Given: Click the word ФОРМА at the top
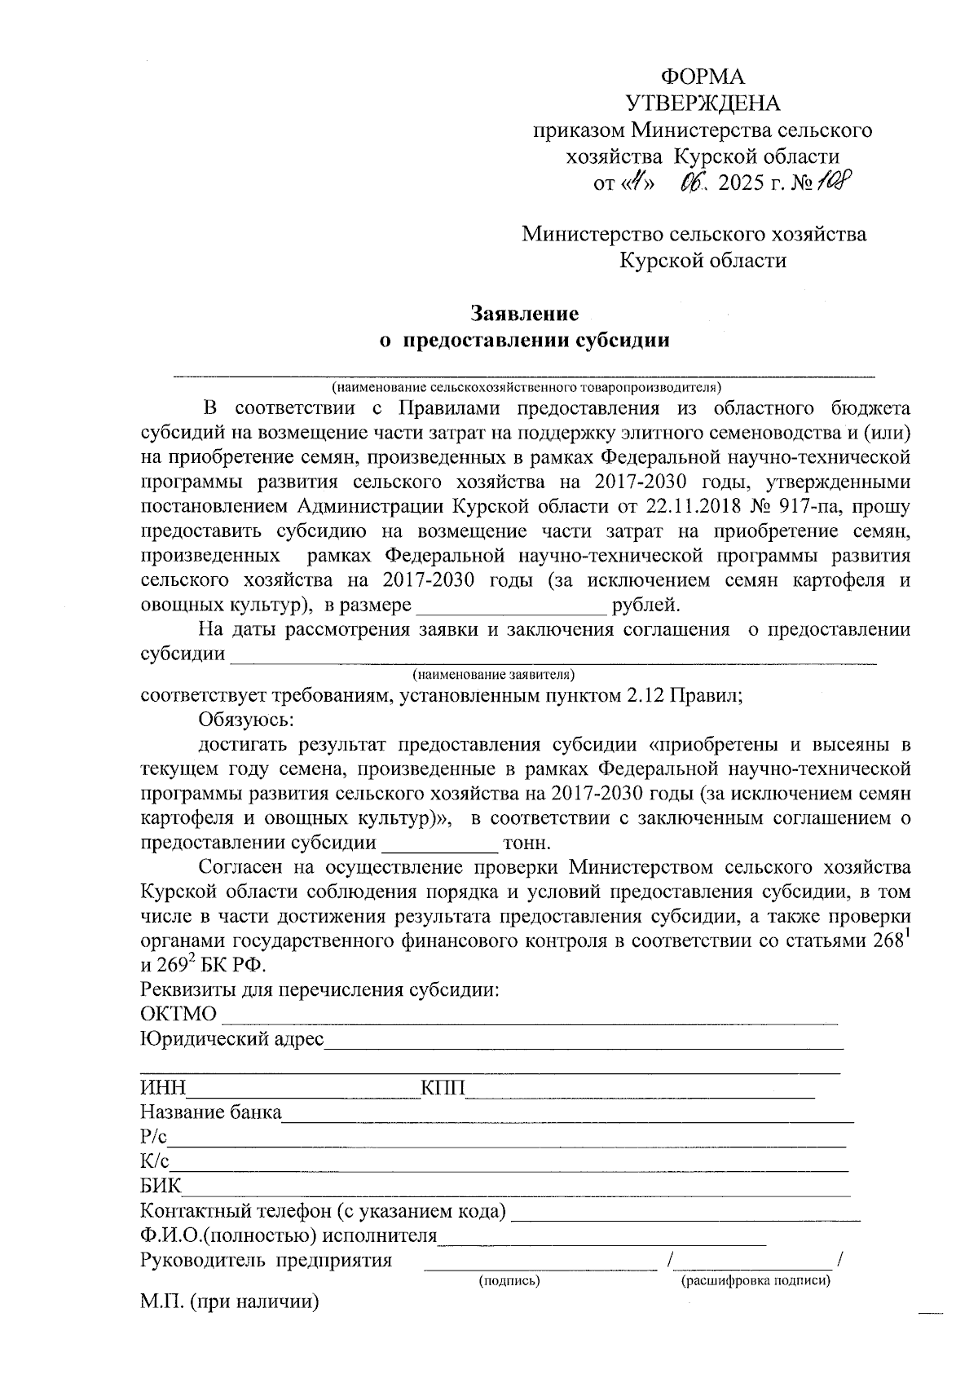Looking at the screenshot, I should pyautogui.click(x=702, y=77).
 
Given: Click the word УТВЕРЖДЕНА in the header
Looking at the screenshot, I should pyautogui.click(x=702, y=104).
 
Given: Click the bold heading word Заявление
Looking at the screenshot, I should pyautogui.click(x=525, y=314).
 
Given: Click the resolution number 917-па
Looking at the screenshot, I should pyautogui.click(x=807, y=507).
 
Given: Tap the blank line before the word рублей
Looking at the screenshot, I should pyautogui.click(x=511, y=606).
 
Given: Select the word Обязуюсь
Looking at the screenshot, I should pyautogui.click(x=245, y=720).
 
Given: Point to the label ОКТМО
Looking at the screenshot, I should pyautogui.click(x=178, y=1015).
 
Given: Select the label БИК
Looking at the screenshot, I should pyautogui.click(x=161, y=1187).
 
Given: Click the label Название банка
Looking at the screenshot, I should pyautogui.click(x=210, y=1113).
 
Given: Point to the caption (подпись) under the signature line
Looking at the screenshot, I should pyautogui.click(x=509, y=1281).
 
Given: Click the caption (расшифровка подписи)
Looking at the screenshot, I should pyautogui.click(x=756, y=1281).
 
